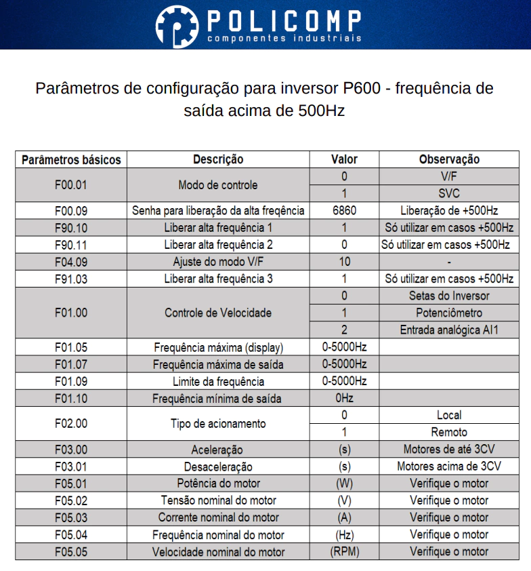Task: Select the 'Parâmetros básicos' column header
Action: [x=71, y=160]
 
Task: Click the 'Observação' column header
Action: [x=449, y=160]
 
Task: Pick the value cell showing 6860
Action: [x=344, y=211]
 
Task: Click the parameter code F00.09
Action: [x=71, y=211]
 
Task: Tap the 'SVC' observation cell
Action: [x=449, y=193]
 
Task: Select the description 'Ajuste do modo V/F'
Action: [x=218, y=262]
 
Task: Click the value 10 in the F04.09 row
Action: [x=344, y=262]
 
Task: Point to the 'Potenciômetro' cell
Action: [x=449, y=313]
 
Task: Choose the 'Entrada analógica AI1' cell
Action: [x=449, y=330]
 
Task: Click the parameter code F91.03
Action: [x=71, y=279]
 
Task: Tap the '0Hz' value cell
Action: [x=344, y=398]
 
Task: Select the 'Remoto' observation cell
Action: [x=449, y=432]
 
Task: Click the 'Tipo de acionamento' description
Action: [x=218, y=424]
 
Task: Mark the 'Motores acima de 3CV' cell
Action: [x=449, y=467]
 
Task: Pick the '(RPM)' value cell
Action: [x=344, y=551]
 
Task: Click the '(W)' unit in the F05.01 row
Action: [x=344, y=484]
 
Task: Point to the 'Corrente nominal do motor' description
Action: [x=218, y=517]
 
